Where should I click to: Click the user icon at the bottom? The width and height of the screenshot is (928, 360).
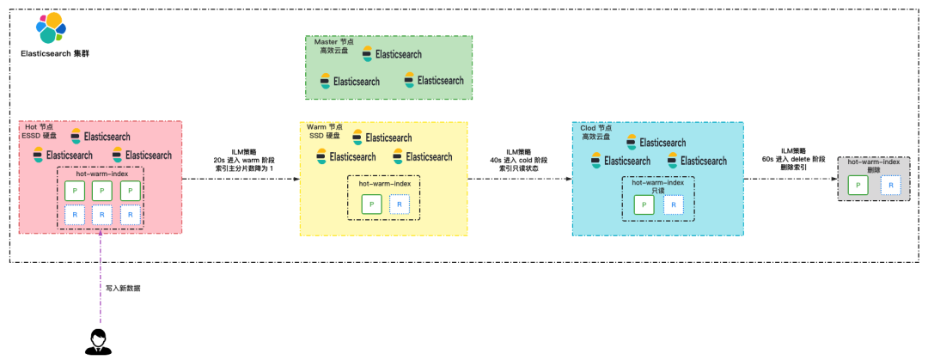point(97,341)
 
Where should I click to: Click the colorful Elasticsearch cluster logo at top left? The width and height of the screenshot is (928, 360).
point(51,29)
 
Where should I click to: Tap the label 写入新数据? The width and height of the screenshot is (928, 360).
point(123,289)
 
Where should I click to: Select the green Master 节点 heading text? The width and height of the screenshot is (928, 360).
point(334,46)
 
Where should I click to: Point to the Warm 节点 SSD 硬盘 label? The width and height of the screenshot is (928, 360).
point(326,131)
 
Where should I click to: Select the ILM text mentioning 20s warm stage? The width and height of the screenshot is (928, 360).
point(242,160)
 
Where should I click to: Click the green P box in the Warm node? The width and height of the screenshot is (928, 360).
point(371,204)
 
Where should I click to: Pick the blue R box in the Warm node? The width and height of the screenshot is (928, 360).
point(400,204)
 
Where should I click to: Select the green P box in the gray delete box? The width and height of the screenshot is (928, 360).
point(857,184)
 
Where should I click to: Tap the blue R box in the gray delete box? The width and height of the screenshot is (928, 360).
point(890,184)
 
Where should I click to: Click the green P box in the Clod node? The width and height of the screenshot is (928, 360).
point(644,204)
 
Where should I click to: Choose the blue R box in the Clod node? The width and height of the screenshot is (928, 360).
point(674,204)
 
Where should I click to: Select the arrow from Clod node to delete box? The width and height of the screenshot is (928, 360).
point(791,180)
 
